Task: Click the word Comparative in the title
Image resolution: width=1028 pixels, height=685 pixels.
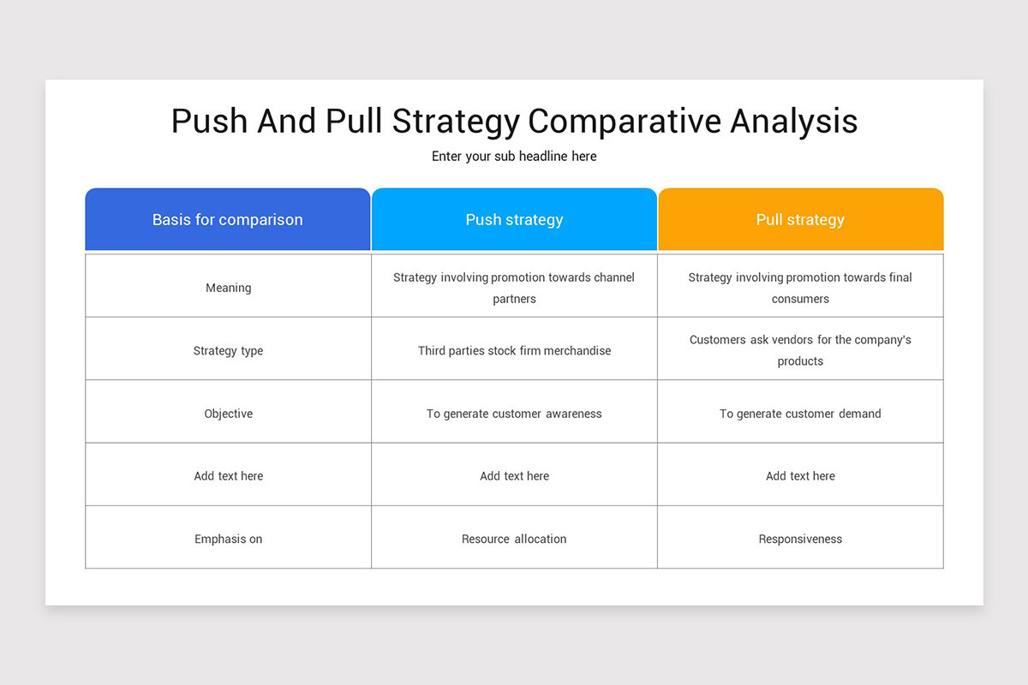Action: click(625, 121)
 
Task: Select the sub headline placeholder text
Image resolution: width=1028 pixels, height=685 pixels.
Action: click(514, 157)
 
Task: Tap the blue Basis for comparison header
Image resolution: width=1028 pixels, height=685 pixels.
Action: click(228, 220)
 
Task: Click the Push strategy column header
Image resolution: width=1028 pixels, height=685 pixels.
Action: click(514, 220)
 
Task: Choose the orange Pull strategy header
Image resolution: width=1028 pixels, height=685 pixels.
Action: click(800, 220)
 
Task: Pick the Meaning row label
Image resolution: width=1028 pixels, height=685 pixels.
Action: click(228, 288)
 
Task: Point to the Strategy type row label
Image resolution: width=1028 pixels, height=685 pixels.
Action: click(228, 351)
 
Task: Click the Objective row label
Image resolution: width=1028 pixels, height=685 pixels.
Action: click(228, 414)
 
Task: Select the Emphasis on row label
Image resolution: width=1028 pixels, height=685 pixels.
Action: click(228, 539)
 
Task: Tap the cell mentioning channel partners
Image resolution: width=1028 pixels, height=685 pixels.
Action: click(514, 288)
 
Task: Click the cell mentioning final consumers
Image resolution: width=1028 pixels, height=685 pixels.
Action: click(800, 288)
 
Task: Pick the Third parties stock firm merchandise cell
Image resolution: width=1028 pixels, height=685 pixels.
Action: click(514, 351)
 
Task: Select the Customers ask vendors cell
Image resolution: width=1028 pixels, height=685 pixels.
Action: click(800, 350)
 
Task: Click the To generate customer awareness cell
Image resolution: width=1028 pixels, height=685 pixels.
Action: click(514, 414)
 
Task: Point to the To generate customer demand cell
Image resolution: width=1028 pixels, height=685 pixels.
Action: click(800, 414)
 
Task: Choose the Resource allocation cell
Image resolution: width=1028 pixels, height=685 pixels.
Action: click(514, 539)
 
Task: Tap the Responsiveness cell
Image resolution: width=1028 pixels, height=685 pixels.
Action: click(800, 539)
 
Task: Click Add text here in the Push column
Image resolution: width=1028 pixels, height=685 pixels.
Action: click(514, 476)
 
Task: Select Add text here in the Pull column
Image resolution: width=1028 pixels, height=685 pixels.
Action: click(800, 476)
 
